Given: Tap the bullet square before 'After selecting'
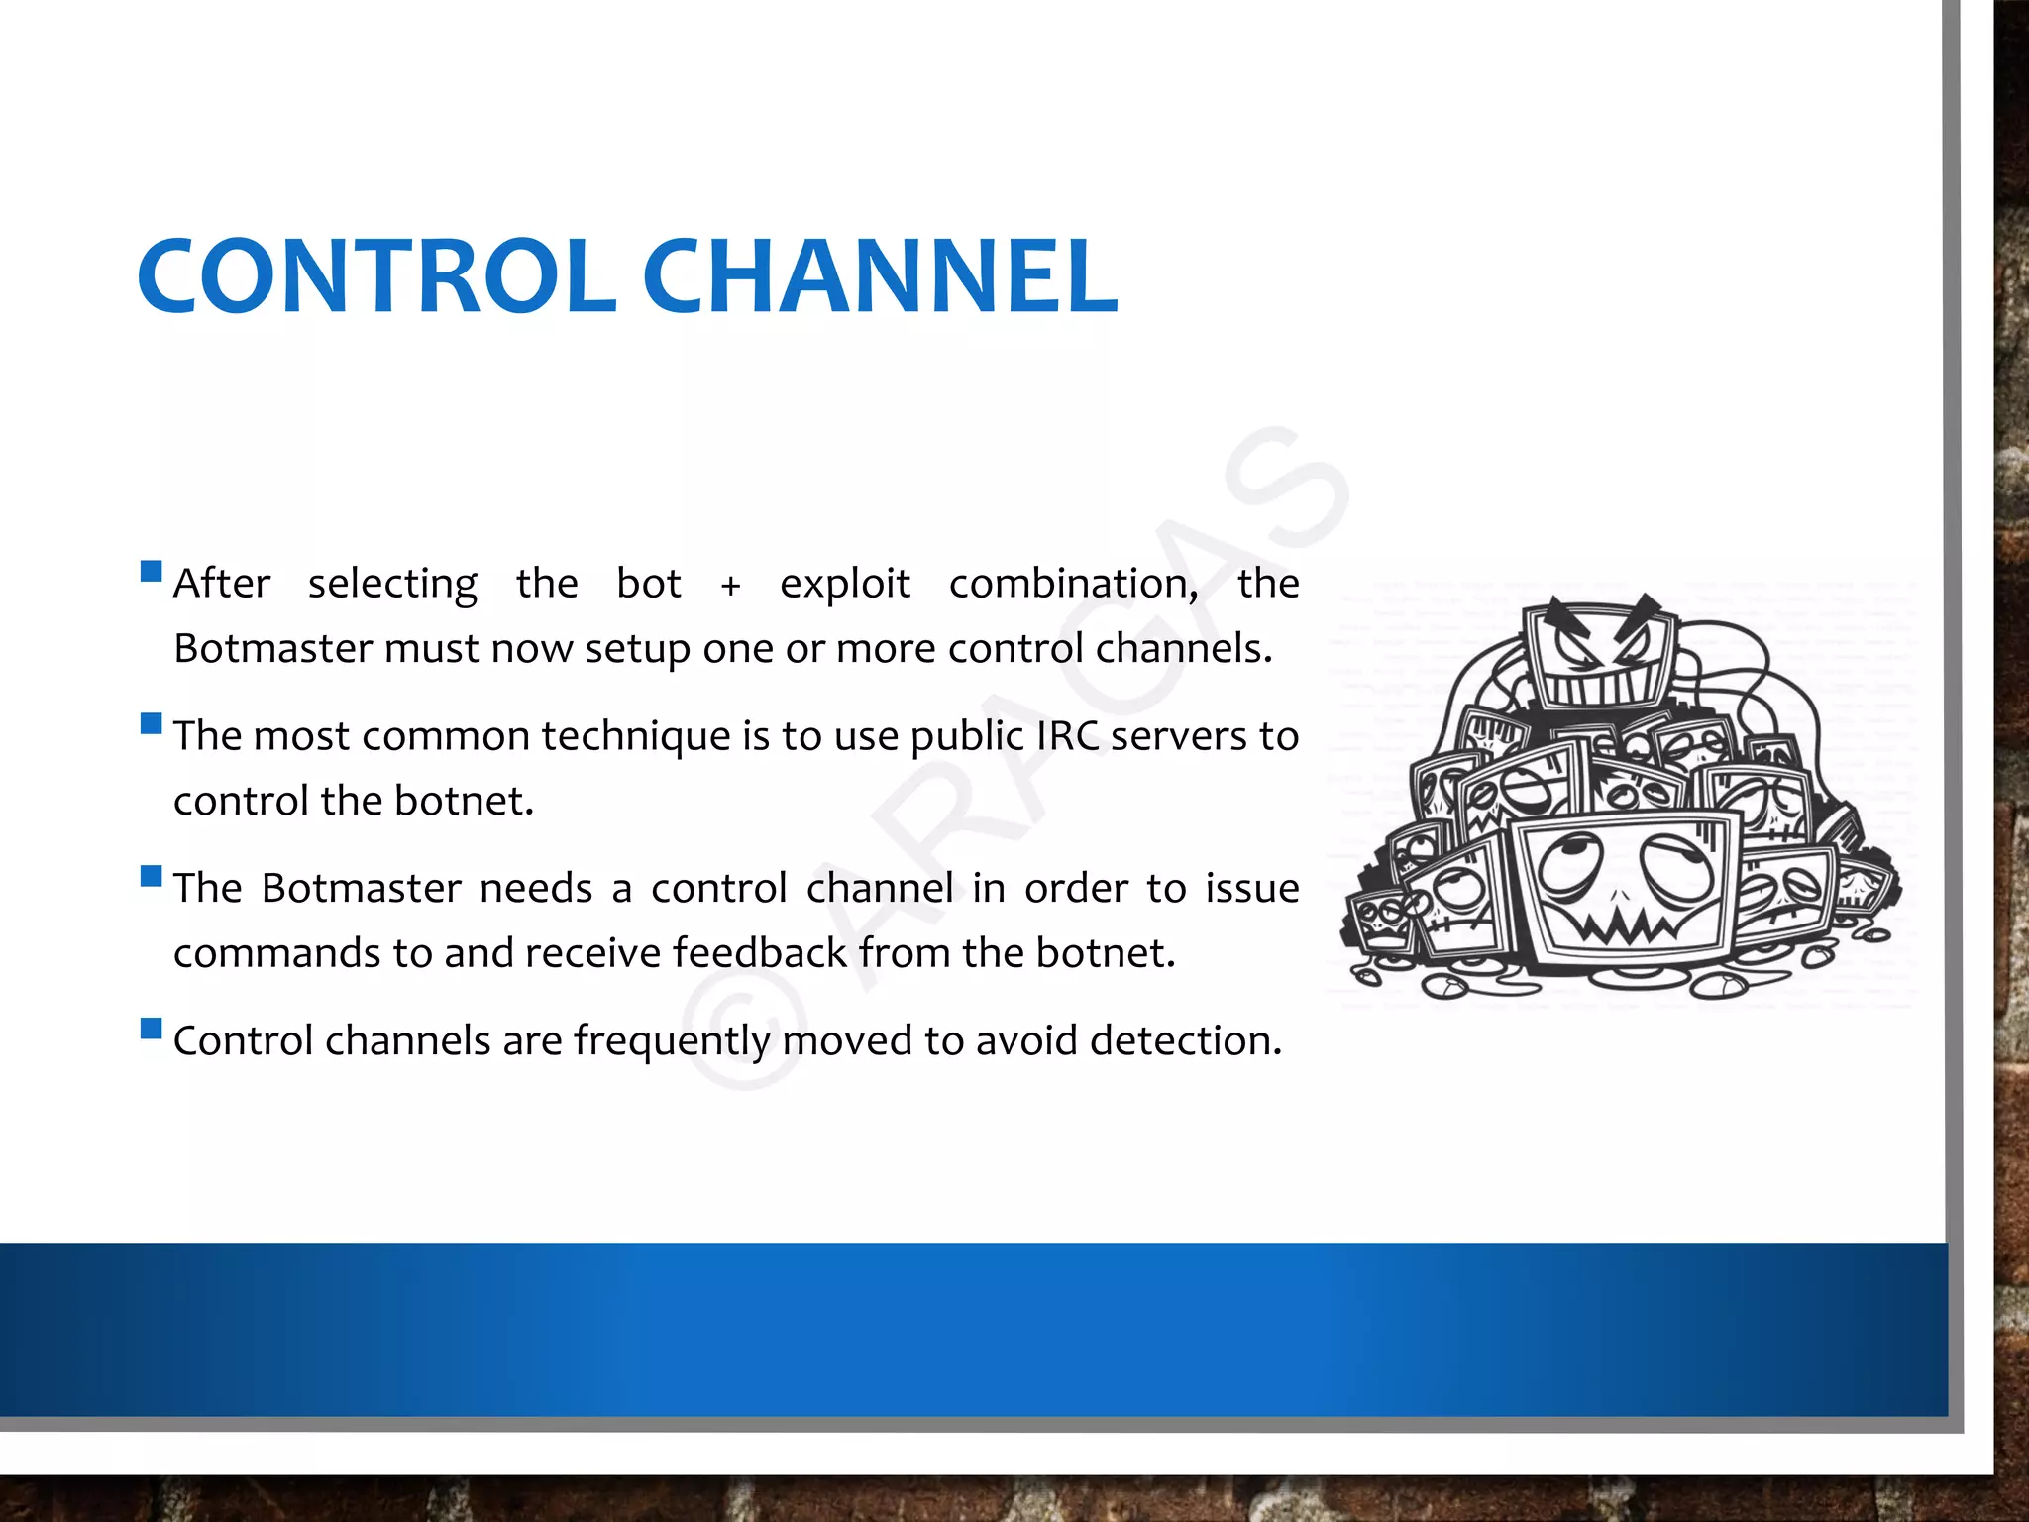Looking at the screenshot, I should tap(152, 571).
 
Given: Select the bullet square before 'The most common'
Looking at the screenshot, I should tap(152, 723).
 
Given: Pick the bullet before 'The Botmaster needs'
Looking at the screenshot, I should tap(152, 876).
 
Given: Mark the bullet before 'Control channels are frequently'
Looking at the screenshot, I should tap(152, 1029).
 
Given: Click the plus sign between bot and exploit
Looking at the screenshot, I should tap(730, 586).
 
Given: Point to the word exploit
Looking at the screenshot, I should tap(844, 584).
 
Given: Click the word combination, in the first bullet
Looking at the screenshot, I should tap(1073, 584).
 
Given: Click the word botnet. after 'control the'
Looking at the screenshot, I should tap(464, 801).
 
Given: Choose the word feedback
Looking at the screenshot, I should tap(760, 953).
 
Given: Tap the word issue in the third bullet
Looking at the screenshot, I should tap(1251, 889).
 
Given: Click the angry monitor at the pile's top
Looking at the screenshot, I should tap(1599, 654).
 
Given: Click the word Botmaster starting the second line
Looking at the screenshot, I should tap(272, 649).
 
